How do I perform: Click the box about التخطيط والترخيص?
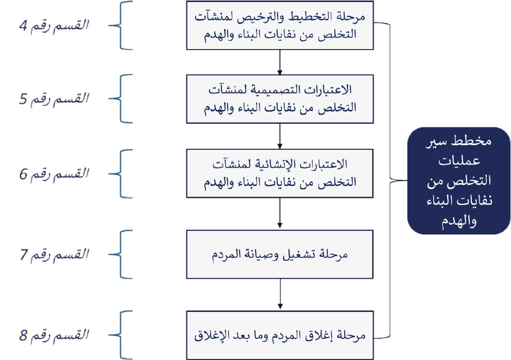(280, 25)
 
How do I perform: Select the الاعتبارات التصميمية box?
(280, 99)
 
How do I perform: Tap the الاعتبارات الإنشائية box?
(280, 174)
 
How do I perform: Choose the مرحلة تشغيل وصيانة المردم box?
(280, 254)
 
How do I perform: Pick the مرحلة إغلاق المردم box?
(280, 336)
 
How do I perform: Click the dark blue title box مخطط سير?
(459, 181)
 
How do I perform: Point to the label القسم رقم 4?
(54, 25)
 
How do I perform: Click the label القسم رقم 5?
(54, 99)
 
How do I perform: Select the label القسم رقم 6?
(54, 174)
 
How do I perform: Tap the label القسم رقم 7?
(54, 254)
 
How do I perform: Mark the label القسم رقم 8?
(54, 335)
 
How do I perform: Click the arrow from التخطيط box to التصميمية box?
(280, 62)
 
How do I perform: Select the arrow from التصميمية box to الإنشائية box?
(280, 136)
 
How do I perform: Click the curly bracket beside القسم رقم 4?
(121, 25)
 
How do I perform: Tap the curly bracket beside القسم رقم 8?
(121, 335)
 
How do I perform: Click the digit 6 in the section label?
(23, 174)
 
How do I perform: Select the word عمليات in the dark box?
(459, 161)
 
